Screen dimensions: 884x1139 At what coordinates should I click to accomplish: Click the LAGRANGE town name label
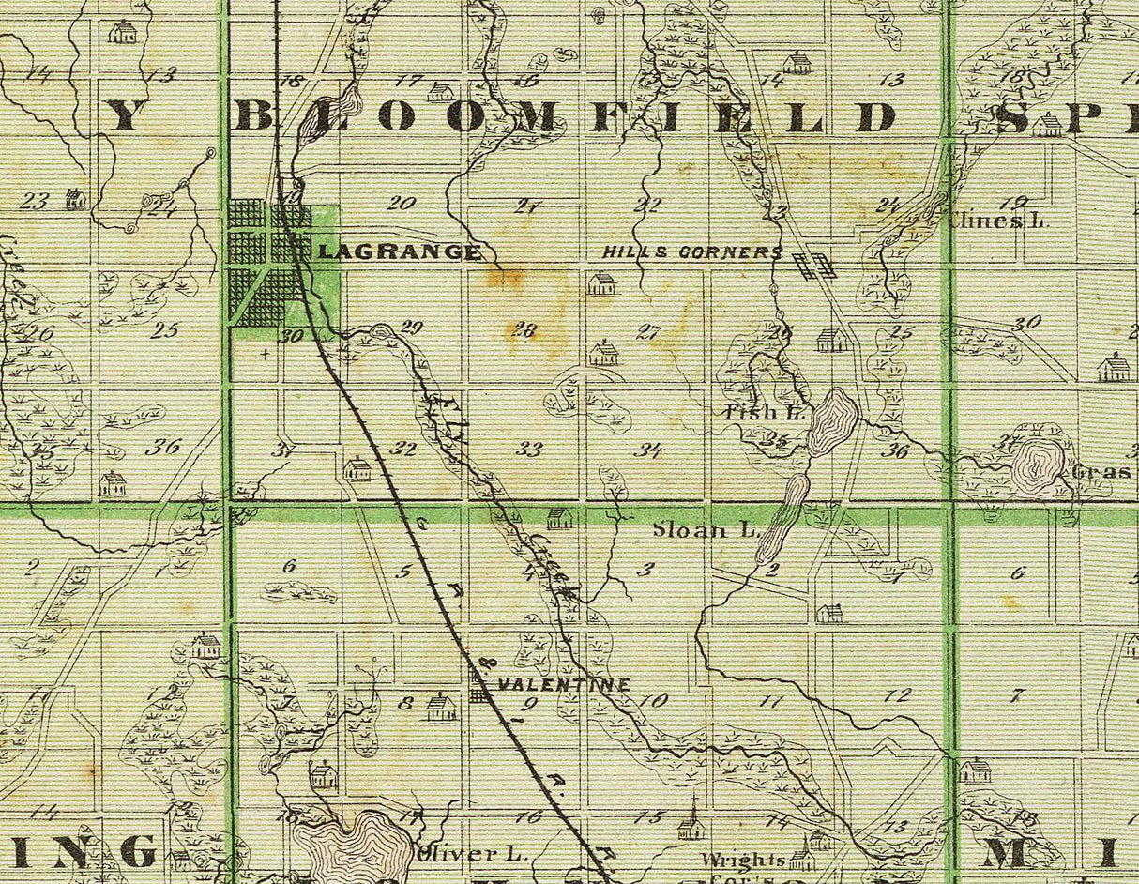(401, 251)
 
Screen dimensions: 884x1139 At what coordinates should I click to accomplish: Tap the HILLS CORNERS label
(691, 252)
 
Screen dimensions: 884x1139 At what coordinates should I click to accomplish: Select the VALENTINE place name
(563, 685)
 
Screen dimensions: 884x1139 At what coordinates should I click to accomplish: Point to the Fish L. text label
(752, 411)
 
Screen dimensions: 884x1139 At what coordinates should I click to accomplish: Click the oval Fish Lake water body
(832, 421)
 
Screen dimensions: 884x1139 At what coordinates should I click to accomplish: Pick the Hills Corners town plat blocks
(813, 265)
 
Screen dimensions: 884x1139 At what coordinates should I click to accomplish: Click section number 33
(529, 450)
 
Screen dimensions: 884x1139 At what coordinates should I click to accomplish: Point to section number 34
(647, 450)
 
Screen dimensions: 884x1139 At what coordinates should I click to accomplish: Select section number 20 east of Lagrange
(401, 203)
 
